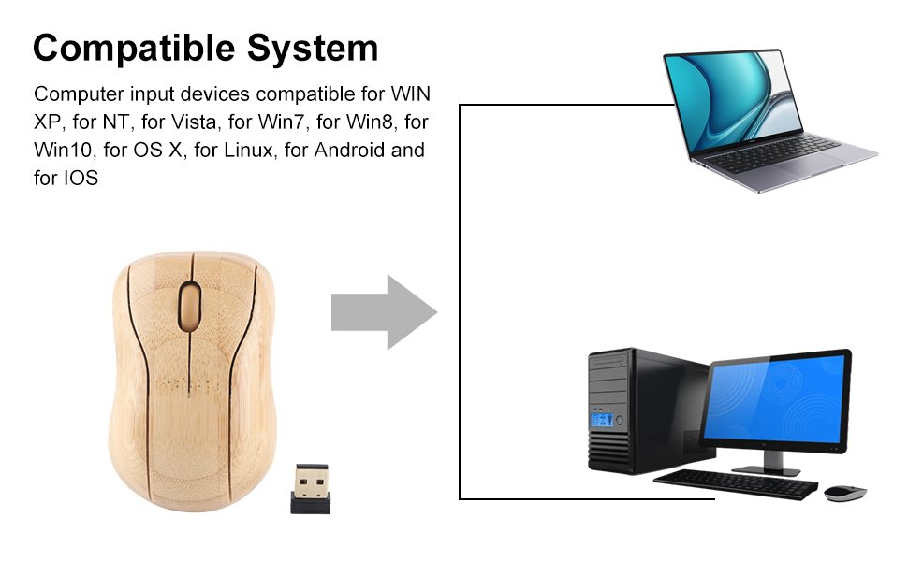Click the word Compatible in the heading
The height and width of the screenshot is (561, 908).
pos(134,48)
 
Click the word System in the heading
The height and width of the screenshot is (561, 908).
pos(313,48)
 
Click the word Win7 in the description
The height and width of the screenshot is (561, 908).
pos(281,122)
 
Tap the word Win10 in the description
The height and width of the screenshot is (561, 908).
pos(63,150)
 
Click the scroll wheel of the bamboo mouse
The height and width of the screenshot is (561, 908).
pos(190,306)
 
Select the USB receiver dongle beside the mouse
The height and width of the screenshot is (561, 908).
pos(311,489)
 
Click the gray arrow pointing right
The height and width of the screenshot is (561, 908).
pos(384,311)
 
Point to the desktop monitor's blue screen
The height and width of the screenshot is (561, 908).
pos(776,400)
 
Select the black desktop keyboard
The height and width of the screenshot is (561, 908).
pos(736,483)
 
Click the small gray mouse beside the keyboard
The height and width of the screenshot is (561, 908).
pos(845,493)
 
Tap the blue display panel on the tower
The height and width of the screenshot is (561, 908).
pos(602,420)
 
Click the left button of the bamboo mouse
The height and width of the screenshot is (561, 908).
pos(155,307)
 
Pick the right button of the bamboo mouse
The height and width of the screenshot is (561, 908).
pos(227,307)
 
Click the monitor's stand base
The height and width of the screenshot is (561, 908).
pos(766,469)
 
